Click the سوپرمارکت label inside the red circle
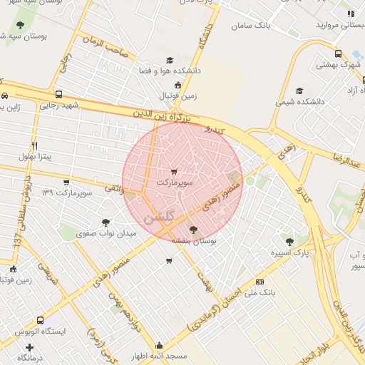click(x=175, y=183)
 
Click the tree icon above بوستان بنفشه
click(x=194, y=230)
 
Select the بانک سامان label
click(x=251, y=26)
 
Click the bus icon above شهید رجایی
click(x=58, y=94)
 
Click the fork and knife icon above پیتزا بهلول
click(x=34, y=145)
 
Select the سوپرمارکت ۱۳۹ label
click(x=68, y=192)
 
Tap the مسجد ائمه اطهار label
click(x=158, y=356)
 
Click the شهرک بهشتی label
click(x=338, y=64)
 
